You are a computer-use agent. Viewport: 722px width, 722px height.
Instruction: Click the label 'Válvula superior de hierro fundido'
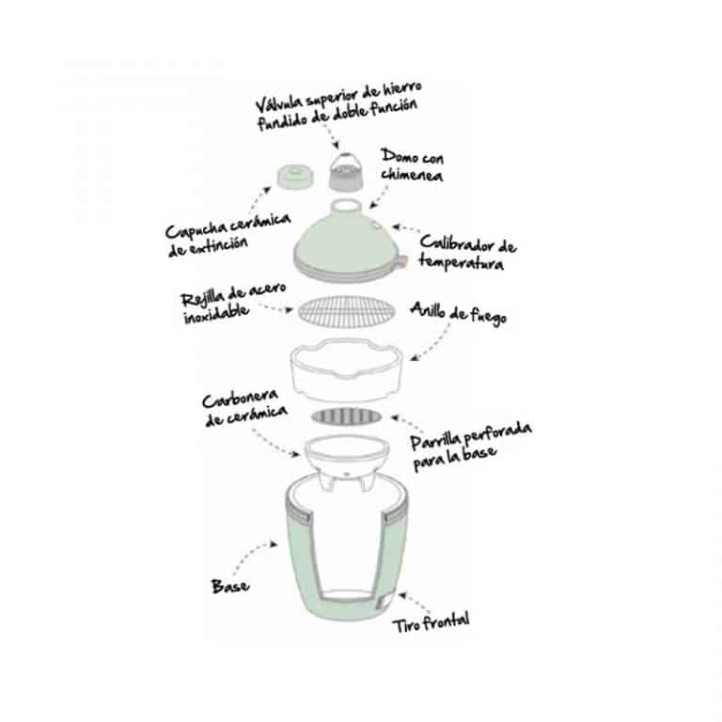pos(338,106)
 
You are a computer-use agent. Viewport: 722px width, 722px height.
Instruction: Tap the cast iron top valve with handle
pos(345,172)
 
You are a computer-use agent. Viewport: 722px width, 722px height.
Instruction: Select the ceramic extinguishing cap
pos(295,177)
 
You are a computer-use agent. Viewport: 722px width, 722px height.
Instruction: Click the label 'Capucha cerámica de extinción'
pos(228,234)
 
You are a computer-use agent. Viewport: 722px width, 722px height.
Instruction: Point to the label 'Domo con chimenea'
pos(412,165)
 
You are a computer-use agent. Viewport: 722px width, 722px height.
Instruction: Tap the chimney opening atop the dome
pos(345,205)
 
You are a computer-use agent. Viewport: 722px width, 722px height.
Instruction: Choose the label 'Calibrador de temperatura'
pos(467,252)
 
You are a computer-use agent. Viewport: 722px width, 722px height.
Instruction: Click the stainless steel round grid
pos(346,312)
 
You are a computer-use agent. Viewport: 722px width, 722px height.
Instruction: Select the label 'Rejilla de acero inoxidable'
pos(233,304)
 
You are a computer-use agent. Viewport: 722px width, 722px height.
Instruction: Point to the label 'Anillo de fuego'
pos(459,314)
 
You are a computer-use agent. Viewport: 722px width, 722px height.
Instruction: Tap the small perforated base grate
pos(346,416)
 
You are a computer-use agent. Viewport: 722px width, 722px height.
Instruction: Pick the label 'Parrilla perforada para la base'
pos(471,447)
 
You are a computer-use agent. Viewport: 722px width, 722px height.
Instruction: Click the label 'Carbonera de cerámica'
pos(244,408)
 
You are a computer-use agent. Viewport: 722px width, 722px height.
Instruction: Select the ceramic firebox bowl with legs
pos(346,463)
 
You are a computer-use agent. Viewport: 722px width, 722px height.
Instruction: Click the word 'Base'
pos(230,587)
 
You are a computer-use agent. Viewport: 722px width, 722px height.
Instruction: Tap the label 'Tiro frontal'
pos(431,622)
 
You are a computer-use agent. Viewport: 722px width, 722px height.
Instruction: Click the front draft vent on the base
pos(384,602)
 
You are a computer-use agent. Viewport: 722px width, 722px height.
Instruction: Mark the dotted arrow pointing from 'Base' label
pos(251,555)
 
